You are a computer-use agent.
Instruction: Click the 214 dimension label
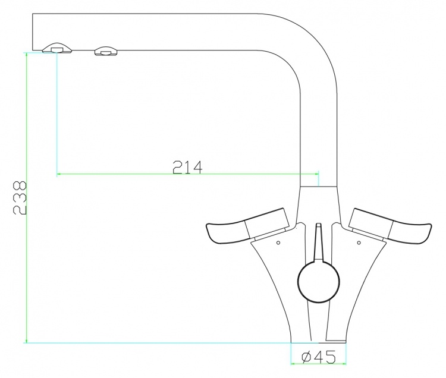(x=187, y=167)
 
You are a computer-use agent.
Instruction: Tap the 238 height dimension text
(x=20, y=197)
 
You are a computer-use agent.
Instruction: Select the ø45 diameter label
(x=319, y=357)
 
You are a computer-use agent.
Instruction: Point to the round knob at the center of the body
(x=319, y=281)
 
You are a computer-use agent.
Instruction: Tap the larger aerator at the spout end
(x=58, y=48)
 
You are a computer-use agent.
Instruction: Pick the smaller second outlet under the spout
(x=105, y=51)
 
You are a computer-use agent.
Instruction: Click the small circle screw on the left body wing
(x=278, y=242)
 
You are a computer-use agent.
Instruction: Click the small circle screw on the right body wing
(x=359, y=242)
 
